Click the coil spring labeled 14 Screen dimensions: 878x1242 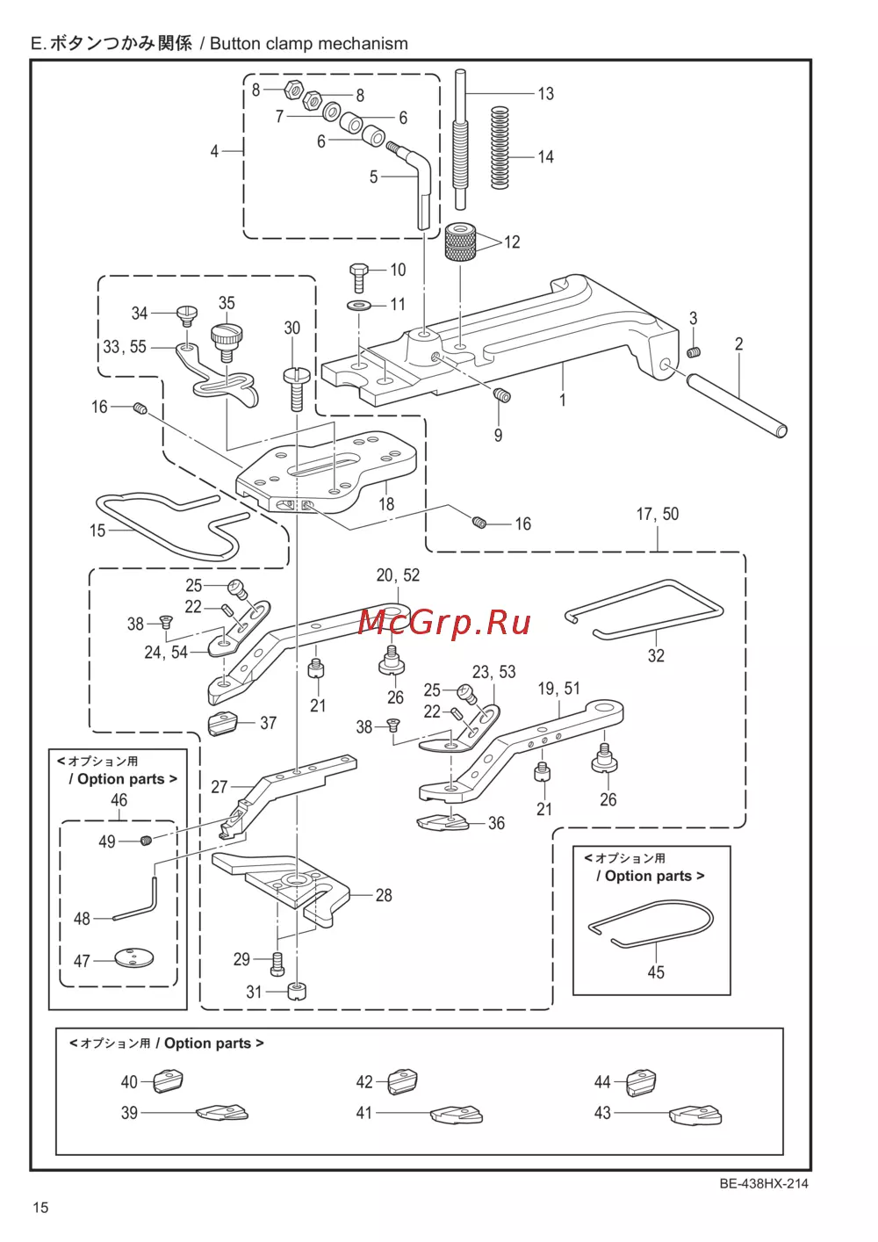point(500,148)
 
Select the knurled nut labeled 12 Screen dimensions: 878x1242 point(461,242)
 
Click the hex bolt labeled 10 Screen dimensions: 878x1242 point(358,278)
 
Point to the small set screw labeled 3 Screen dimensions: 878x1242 point(694,351)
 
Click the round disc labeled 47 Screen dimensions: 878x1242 point(134,957)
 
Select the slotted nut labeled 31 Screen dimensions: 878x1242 point(297,990)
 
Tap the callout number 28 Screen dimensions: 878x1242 point(384,895)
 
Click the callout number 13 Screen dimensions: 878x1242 point(545,94)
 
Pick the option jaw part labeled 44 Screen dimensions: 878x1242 point(641,1083)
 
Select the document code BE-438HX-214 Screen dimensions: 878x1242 point(763,1183)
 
